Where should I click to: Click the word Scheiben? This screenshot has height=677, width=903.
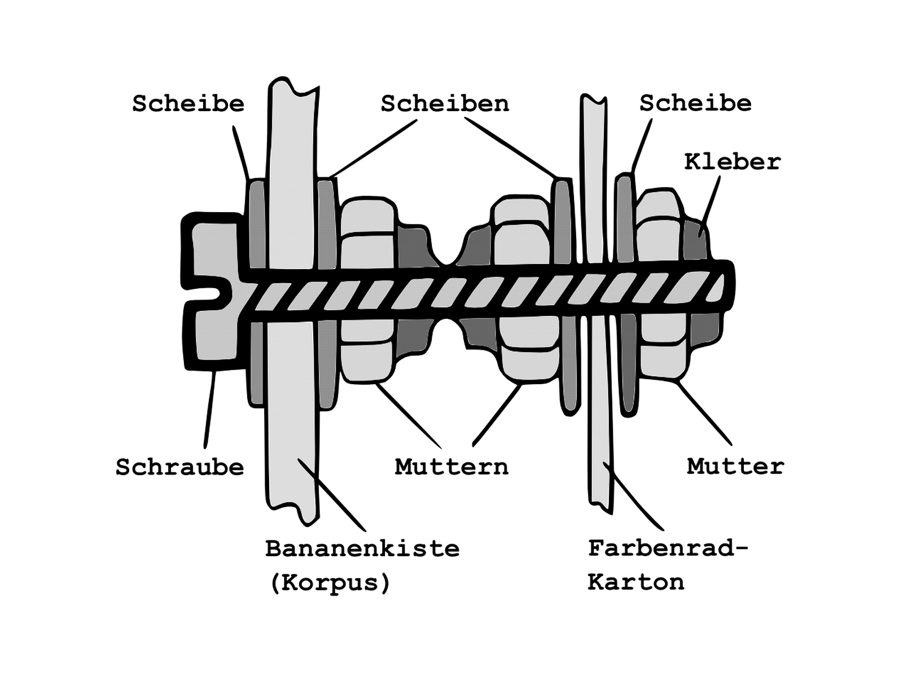[x=445, y=103]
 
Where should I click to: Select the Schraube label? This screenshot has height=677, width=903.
[x=180, y=467]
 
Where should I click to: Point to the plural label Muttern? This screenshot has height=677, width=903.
[x=451, y=467]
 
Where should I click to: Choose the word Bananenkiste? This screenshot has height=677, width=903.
[x=362, y=548]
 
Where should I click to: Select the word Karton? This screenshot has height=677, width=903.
[x=636, y=582]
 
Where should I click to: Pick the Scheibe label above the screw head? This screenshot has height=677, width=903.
[x=189, y=103]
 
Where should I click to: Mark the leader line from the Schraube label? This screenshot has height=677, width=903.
[x=210, y=409]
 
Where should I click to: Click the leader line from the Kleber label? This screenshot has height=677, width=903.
[x=709, y=206]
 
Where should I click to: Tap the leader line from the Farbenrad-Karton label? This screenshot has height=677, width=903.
[x=633, y=496]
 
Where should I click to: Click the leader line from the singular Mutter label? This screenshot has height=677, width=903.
[x=704, y=413]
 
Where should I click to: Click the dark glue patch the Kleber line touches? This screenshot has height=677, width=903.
[x=695, y=240]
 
